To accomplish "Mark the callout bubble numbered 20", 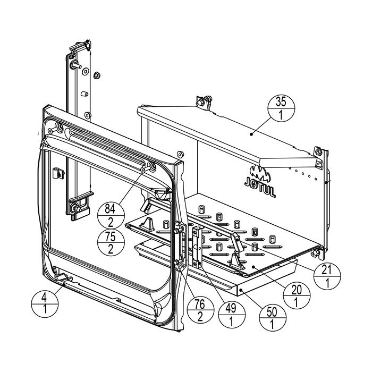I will pyautogui.click(x=298, y=295).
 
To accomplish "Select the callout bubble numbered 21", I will pyautogui.click(x=327, y=276).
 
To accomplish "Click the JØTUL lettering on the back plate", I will pyautogui.click(x=260, y=190).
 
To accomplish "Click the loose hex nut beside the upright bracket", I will pyautogui.click(x=97, y=74).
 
